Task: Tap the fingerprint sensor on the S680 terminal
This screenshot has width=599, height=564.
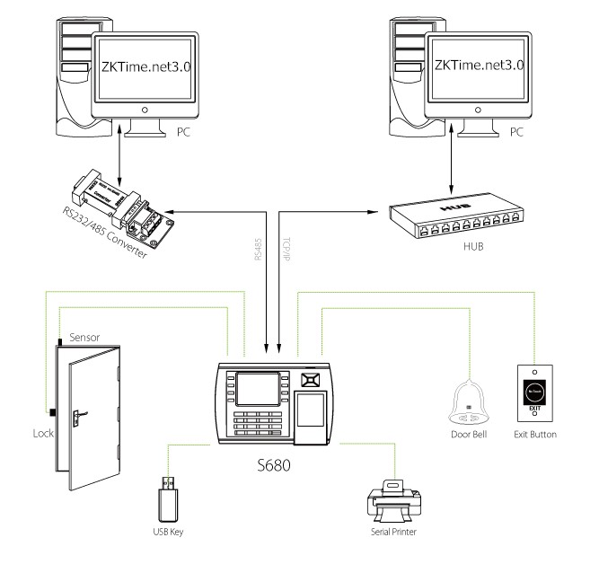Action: [309, 409]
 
